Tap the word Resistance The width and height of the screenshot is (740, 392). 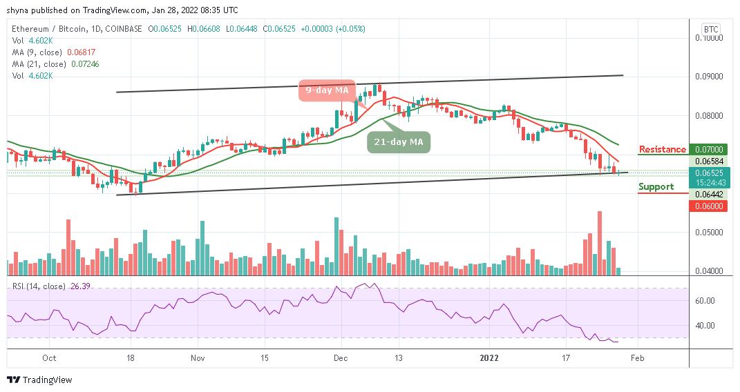click(663, 149)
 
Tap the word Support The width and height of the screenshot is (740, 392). click(656, 187)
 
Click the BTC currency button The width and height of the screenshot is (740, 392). click(710, 29)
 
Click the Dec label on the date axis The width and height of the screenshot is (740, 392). click(340, 358)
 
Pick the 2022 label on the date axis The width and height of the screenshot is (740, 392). click(489, 358)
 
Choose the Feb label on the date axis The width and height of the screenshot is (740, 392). click(638, 358)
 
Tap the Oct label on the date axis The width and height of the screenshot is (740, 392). click(49, 358)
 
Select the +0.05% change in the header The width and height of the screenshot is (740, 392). click(351, 29)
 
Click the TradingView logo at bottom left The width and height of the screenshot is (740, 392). click(39, 380)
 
